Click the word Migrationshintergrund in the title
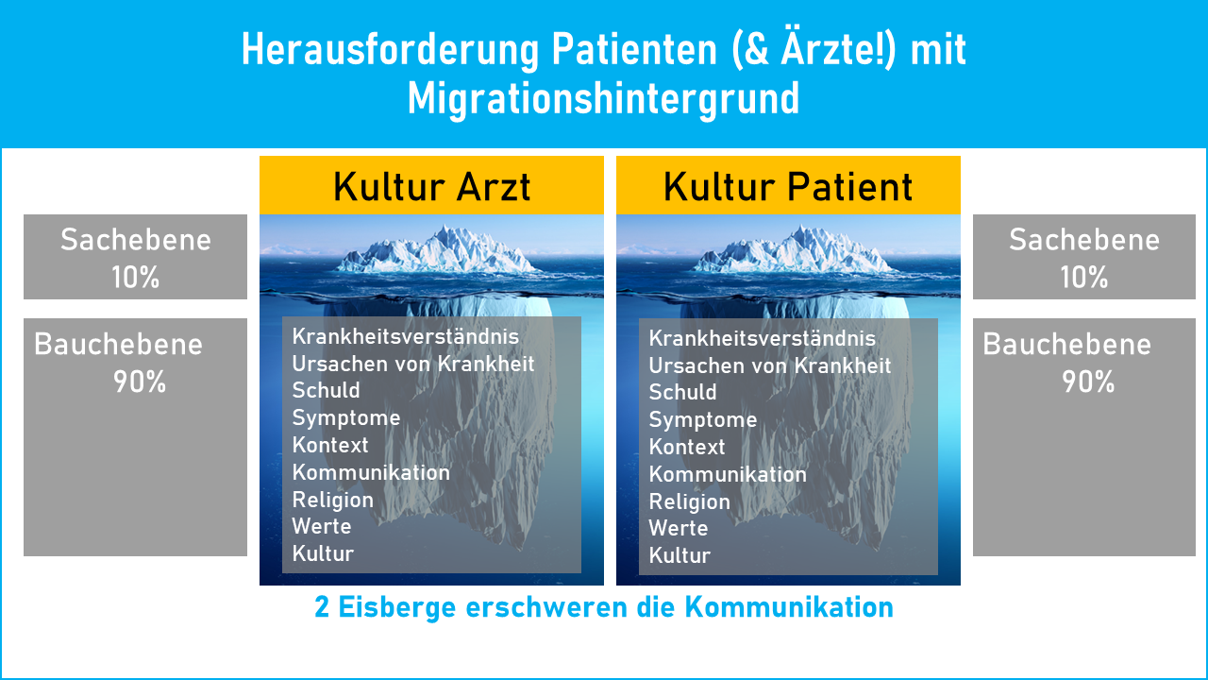[x=603, y=98]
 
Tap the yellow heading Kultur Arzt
[x=431, y=187]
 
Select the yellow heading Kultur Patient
[x=788, y=187]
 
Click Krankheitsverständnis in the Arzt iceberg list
[x=405, y=336]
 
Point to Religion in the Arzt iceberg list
[x=332, y=500]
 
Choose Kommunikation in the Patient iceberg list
[x=728, y=474]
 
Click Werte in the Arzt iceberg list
[x=322, y=526]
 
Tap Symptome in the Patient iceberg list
[x=703, y=419]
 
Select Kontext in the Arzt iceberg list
[x=330, y=445]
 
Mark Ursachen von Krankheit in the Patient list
[x=769, y=365]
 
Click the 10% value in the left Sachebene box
[x=135, y=278]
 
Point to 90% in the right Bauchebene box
[x=1088, y=382]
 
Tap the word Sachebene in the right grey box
[x=1083, y=240]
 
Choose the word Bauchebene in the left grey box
[x=118, y=344]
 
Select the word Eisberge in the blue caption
[x=394, y=607]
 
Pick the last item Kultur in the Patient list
[x=679, y=555]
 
